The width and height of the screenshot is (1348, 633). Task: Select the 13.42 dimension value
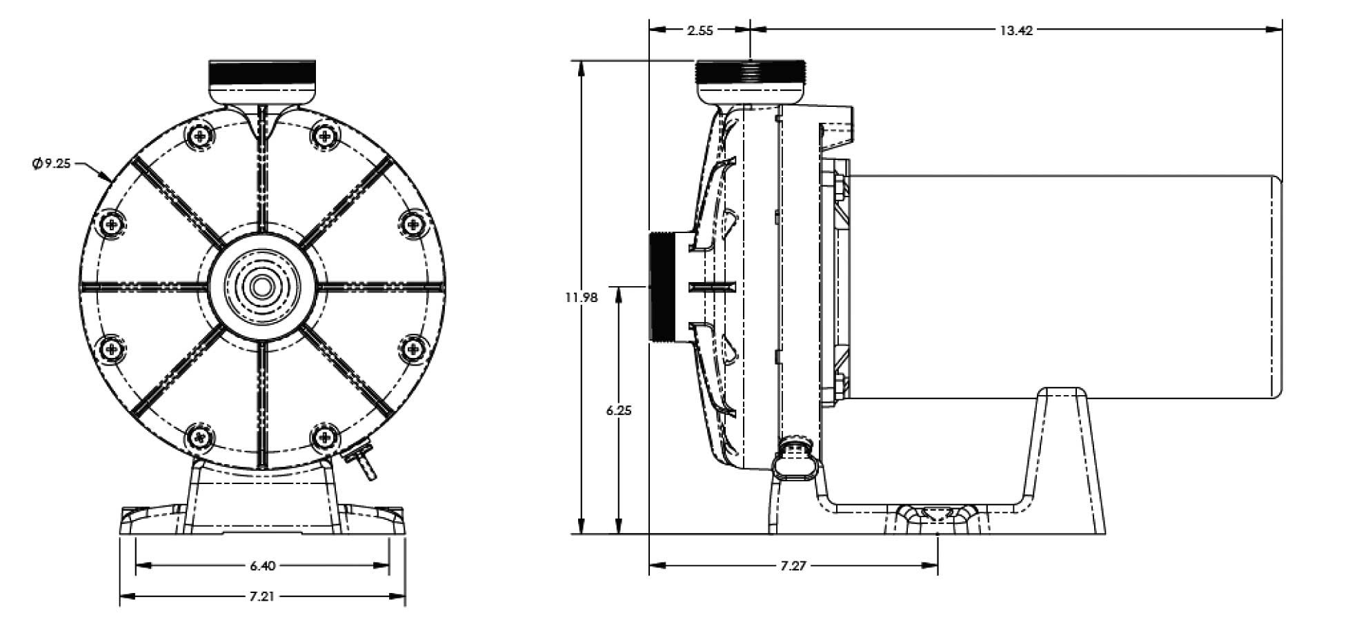tap(1016, 30)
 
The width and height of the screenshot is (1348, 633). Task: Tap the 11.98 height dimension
tap(581, 297)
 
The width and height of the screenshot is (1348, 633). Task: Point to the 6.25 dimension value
tap(619, 410)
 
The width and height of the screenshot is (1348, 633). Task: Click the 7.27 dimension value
tap(793, 566)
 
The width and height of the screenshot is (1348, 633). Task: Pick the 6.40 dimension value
tap(262, 566)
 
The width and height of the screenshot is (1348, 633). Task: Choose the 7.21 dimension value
tap(262, 596)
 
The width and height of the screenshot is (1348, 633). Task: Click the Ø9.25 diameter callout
tap(51, 165)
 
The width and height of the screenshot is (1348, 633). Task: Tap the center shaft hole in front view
tap(262, 286)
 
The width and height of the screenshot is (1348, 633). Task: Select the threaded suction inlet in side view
tap(663, 286)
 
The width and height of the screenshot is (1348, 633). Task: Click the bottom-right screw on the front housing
tap(324, 436)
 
